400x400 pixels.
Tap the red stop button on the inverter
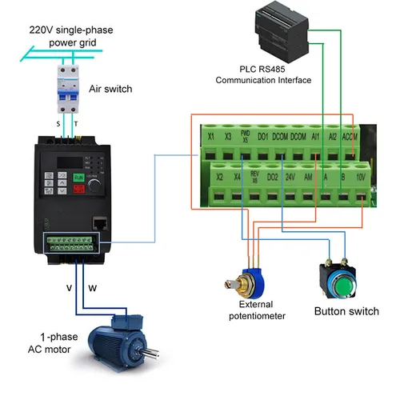pos(78,190)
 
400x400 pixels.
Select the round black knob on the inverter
pos(96,184)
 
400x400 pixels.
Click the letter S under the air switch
pos(58,126)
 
